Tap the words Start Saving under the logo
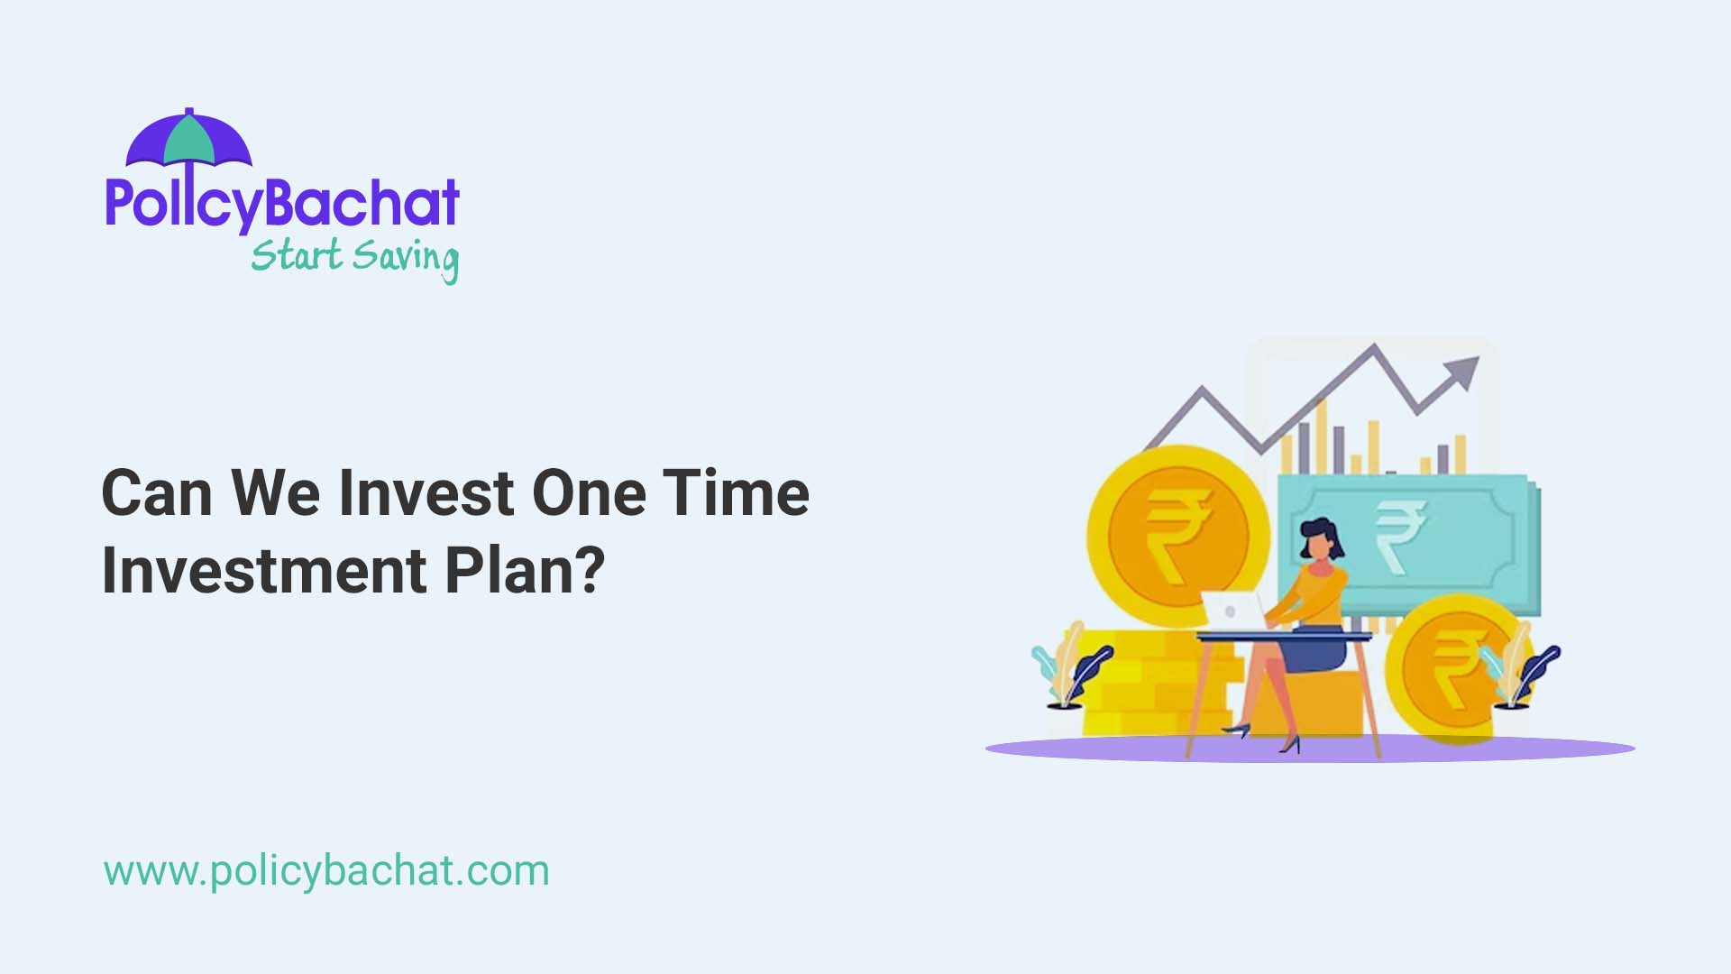click(354, 257)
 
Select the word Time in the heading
click(736, 493)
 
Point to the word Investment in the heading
click(263, 570)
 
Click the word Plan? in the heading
click(525, 570)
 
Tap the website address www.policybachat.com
click(325, 871)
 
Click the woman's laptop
click(1232, 611)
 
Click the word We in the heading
click(275, 493)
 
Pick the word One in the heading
click(589, 493)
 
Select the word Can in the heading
click(156, 493)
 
